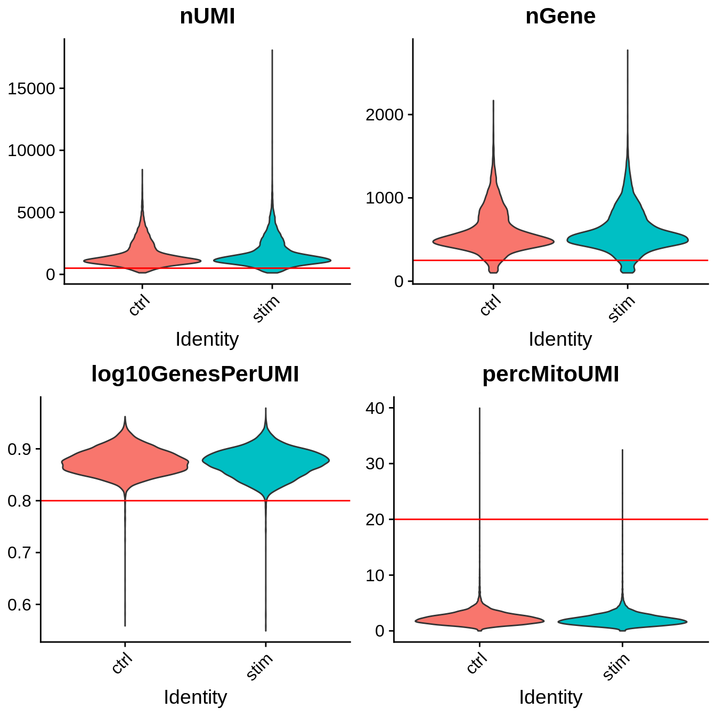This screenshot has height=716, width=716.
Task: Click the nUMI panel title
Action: pos(207,17)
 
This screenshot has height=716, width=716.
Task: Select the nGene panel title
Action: pos(560,17)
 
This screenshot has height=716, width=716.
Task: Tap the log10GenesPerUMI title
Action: pos(195,375)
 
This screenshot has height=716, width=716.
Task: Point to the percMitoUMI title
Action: pos(550,375)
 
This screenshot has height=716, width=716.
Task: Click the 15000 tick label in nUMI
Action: pos(32,89)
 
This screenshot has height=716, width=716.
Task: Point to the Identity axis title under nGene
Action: pos(560,339)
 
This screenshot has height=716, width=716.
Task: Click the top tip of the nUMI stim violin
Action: pos(272,51)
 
